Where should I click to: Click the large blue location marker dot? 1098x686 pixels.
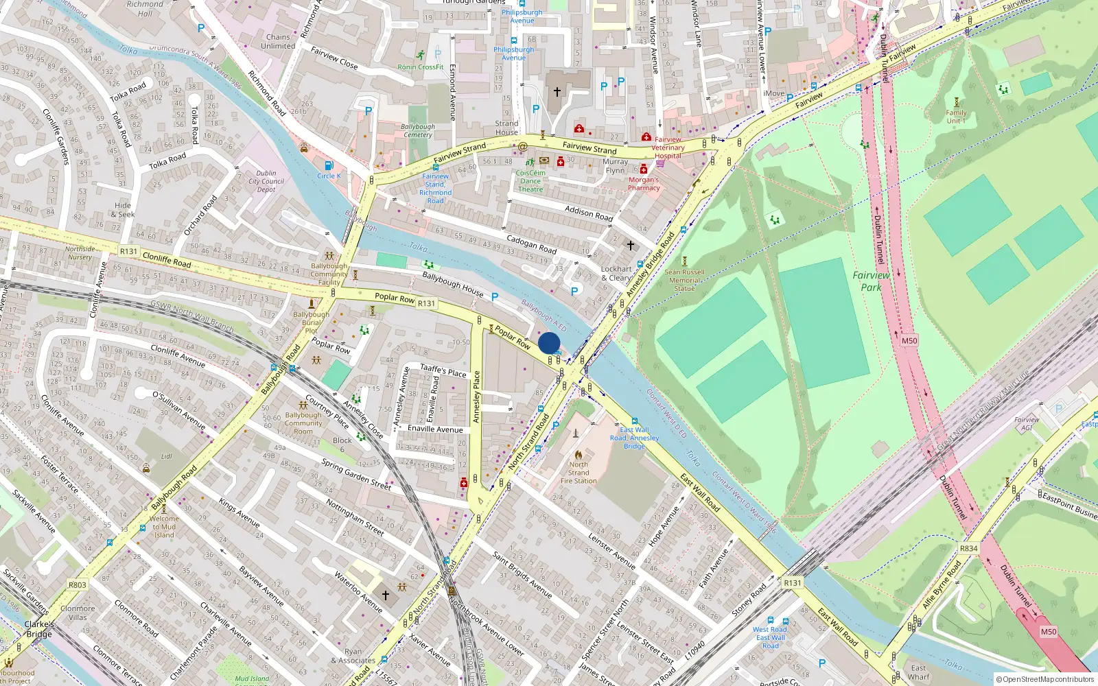[x=549, y=343]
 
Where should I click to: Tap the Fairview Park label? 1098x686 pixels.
[x=871, y=281]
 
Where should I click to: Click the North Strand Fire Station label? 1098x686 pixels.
[x=579, y=473]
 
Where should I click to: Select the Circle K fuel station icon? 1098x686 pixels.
[x=329, y=165]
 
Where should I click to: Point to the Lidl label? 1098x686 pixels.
[x=167, y=456]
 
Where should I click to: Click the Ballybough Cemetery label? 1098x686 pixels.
[x=417, y=130]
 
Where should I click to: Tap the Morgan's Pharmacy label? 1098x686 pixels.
[x=644, y=184]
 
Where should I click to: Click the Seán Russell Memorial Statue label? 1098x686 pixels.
[x=684, y=280]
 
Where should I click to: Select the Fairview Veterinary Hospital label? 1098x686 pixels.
[x=668, y=147]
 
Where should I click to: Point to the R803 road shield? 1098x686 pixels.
[x=77, y=585]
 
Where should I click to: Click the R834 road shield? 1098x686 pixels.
[x=968, y=548]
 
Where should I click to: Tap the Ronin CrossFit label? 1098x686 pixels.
[x=421, y=67]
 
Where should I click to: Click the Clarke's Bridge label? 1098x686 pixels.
[x=39, y=629]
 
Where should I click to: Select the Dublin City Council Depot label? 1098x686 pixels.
[x=266, y=182]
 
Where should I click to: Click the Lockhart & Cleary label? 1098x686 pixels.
[x=616, y=273]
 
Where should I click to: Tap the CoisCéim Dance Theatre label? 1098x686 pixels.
[x=530, y=181]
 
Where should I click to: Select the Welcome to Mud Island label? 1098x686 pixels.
[x=164, y=527]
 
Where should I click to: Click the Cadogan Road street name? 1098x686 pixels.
[x=531, y=245]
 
